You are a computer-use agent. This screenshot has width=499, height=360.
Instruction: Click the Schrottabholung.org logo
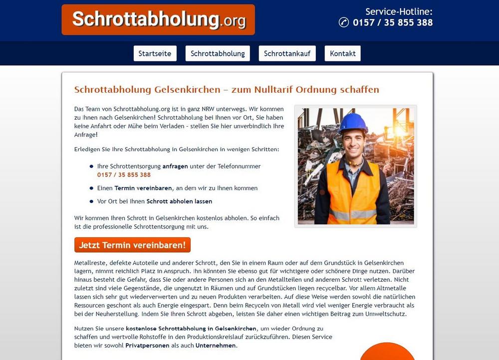point(158,19)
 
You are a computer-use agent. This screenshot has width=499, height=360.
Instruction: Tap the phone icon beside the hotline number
point(343,22)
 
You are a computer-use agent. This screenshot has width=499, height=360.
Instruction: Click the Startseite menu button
point(155,53)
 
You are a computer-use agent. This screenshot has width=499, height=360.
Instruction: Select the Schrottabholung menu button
point(218,53)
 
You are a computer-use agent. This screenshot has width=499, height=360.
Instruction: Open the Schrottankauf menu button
point(287,53)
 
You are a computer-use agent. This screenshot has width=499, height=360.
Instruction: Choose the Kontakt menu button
point(342,53)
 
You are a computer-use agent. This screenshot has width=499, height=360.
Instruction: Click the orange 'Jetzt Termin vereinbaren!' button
point(132,245)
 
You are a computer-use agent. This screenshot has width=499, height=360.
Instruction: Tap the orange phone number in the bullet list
point(124,175)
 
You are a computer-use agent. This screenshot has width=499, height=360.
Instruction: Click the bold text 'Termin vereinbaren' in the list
point(143,188)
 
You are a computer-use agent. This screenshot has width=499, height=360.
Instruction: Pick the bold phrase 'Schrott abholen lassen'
point(179,201)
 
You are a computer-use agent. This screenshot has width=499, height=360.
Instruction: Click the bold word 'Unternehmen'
point(216,346)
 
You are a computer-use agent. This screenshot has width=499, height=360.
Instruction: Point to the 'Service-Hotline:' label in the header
point(399,11)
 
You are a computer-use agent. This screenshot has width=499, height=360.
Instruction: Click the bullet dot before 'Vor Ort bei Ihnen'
point(91,201)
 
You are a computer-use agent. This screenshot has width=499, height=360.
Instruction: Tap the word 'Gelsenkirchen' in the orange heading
point(187,90)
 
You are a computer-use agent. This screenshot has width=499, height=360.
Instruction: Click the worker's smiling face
point(354,142)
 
